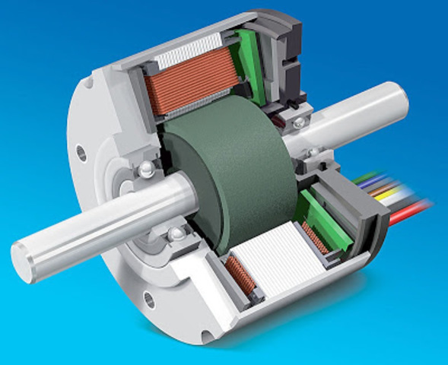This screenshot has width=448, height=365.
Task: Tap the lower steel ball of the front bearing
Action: [x=176, y=232]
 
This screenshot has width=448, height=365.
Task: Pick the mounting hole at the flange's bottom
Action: [x=149, y=300]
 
